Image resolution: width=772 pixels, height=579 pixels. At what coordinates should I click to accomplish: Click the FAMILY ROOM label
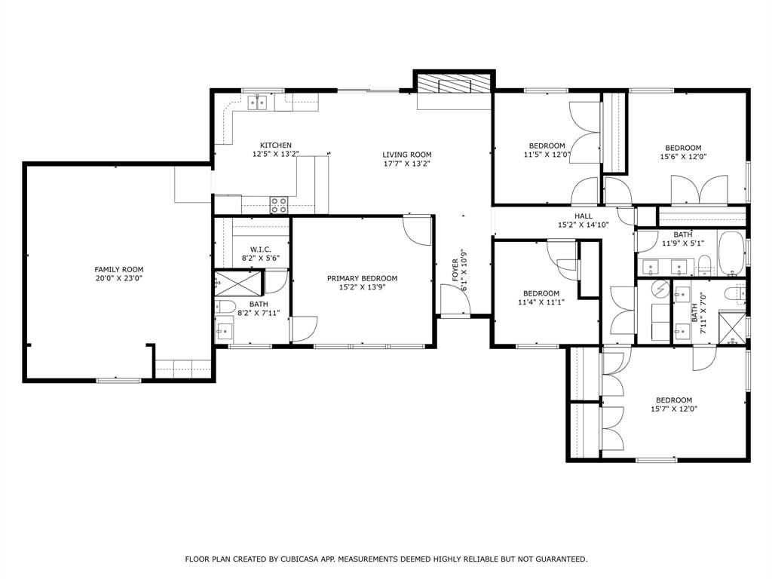tap(118, 269)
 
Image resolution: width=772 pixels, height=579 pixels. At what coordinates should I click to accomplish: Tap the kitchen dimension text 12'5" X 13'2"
tap(275, 154)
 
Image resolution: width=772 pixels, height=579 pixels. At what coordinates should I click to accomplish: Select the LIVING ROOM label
tap(406, 155)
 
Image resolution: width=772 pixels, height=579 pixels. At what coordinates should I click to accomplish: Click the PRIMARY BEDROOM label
tap(362, 278)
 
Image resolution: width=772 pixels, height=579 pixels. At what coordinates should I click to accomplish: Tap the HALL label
tap(584, 216)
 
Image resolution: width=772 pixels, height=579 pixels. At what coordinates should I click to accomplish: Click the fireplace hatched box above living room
tap(454, 84)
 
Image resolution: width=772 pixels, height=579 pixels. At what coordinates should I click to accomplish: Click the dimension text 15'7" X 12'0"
tap(673, 409)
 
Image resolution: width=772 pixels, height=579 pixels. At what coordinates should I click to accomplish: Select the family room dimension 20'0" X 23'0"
tap(118, 278)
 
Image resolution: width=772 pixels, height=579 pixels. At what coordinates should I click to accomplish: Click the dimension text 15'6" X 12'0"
tap(682, 157)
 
